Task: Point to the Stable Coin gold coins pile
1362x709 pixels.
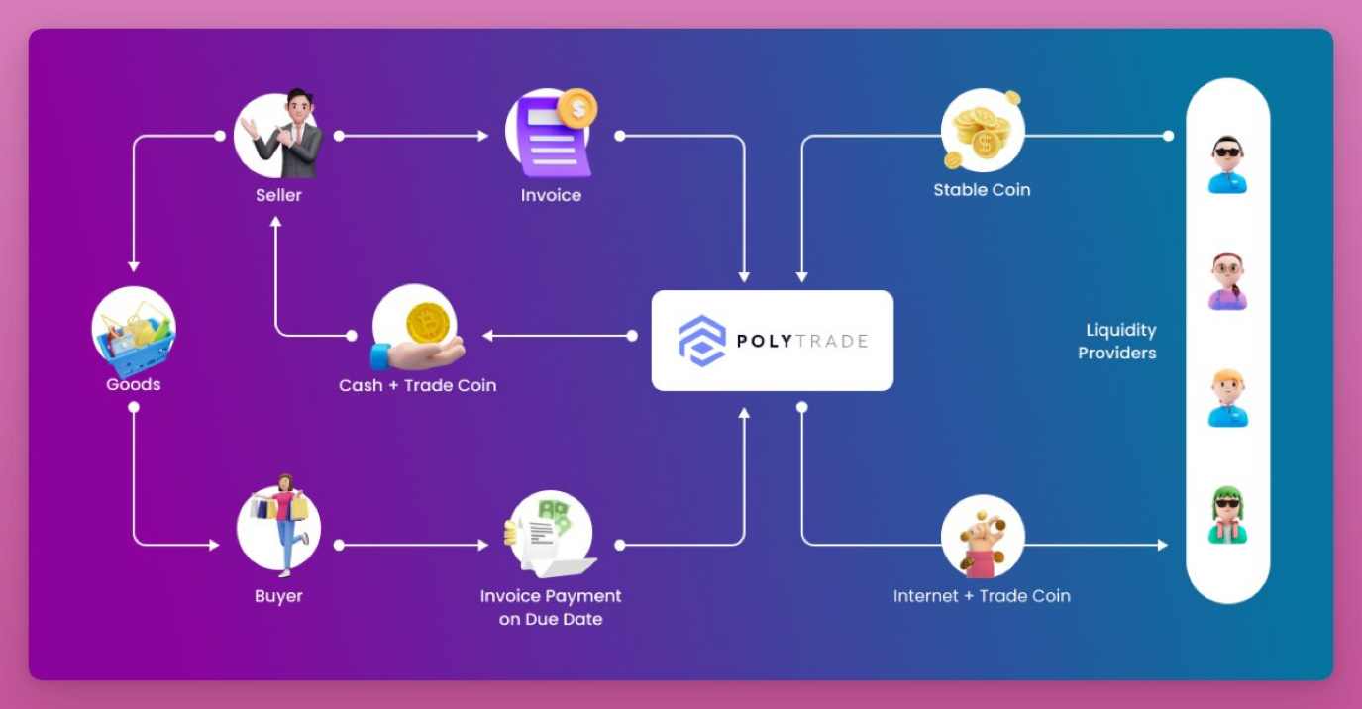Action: coord(983,130)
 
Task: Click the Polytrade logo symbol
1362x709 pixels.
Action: coord(701,341)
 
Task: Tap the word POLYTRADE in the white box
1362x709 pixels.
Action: coord(802,341)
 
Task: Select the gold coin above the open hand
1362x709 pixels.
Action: coord(428,323)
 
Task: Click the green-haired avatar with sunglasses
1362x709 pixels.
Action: coord(1227,515)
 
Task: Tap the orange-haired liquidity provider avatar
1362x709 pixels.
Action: coord(1227,398)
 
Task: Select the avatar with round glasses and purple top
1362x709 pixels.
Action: coord(1227,281)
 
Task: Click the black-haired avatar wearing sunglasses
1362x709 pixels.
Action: coord(1227,164)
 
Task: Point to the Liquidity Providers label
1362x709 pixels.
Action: coord(1117,341)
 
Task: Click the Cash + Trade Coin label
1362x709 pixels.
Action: coord(418,385)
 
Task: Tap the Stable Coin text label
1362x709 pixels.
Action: coord(982,190)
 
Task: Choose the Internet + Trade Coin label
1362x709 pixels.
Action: coord(982,596)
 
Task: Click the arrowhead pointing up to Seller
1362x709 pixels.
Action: coord(276,222)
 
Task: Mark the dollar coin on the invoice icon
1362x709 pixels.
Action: coord(577,109)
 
